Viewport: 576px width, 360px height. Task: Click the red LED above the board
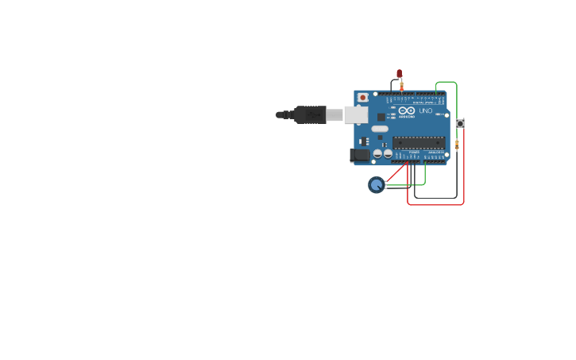[399, 73]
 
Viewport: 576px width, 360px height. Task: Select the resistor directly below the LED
[401, 86]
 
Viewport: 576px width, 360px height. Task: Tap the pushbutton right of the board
[459, 123]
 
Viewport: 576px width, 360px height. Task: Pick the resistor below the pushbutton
[457, 144]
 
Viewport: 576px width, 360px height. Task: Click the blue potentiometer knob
[376, 184]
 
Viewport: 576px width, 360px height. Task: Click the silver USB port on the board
[355, 114]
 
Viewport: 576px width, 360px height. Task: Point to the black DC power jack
[360, 156]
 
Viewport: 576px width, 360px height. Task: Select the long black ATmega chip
[419, 142]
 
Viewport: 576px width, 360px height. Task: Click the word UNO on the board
[426, 111]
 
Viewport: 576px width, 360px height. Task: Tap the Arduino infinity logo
[407, 111]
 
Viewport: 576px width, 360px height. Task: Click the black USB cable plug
[310, 114]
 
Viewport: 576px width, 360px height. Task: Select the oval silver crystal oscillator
[380, 129]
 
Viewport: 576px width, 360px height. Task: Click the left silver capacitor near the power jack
[377, 153]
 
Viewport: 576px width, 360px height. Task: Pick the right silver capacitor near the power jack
[388, 153]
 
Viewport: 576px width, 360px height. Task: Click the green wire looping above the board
[446, 82]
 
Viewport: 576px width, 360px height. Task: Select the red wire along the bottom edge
[435, 204]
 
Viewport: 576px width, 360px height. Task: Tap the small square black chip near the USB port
[381, 117]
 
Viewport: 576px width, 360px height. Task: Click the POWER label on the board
[414, 152]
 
